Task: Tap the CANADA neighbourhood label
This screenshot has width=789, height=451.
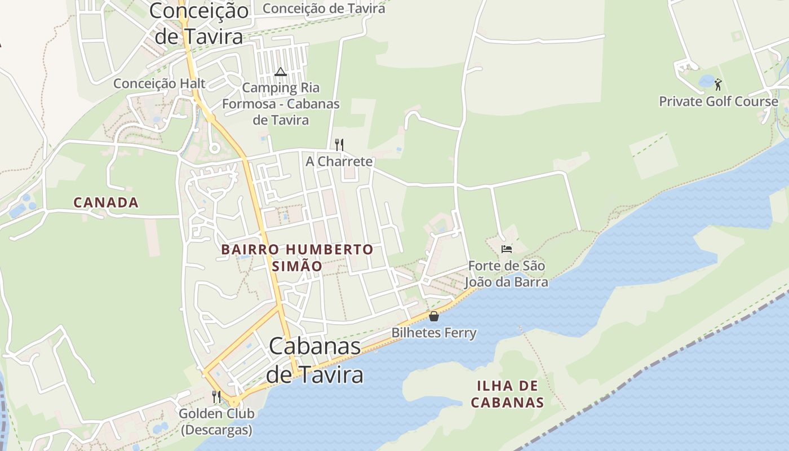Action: (x=106, y=202)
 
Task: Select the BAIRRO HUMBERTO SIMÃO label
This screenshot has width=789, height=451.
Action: (x=297, y=258)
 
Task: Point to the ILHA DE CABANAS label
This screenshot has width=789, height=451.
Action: (x=507, y=394)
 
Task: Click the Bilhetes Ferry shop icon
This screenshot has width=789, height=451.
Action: (x=434, y=316)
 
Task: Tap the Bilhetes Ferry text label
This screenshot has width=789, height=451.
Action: (x=434, y=333)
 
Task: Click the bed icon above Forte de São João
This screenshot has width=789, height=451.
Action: (x=506, y=249)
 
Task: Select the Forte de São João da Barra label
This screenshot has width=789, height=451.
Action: (x=508, y=273)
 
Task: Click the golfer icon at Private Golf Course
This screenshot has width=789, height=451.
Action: (x=718, y=85)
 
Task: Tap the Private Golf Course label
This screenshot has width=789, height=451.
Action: (x=719, y=101)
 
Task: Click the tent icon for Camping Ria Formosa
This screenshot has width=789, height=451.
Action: (x=281, y=72)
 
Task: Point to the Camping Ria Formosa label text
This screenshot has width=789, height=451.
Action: (x=281, y=104)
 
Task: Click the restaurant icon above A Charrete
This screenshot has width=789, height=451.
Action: (x=339, y=145)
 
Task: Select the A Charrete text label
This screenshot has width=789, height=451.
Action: (x=339, y=161)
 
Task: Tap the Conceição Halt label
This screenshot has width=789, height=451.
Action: (x=159, y=83)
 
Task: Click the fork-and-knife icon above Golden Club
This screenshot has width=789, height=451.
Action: (x=216, y=397)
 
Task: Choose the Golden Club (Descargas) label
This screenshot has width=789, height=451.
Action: (x=216, y=422)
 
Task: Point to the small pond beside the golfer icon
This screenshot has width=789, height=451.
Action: (x=706, y=81)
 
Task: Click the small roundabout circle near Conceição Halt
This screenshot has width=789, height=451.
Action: (x=214, y=148)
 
